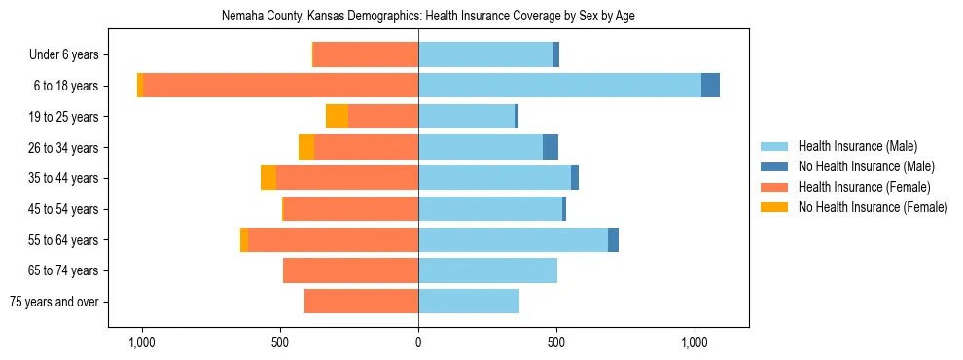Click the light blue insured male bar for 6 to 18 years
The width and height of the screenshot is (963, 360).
pos(559,86)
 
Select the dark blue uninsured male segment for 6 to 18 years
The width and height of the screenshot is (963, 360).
pos(710,86)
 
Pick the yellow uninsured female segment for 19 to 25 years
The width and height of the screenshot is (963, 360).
pos(337,117)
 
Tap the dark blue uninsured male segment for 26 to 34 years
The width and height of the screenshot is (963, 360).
pos(551,147)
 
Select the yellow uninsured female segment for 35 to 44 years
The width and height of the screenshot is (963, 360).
pos(268,178)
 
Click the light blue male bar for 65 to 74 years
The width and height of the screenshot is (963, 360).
pos(487,270)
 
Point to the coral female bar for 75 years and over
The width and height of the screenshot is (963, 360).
pos(361,302)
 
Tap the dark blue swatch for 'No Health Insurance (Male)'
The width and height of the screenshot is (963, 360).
pos(774,166)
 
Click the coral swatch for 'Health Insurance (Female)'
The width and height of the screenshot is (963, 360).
pos(774,187)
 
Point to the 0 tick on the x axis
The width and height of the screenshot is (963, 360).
pos(418,342)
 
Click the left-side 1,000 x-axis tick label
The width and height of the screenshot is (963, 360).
pos(142,342)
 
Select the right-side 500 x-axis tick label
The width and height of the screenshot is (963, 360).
pos(556,342)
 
